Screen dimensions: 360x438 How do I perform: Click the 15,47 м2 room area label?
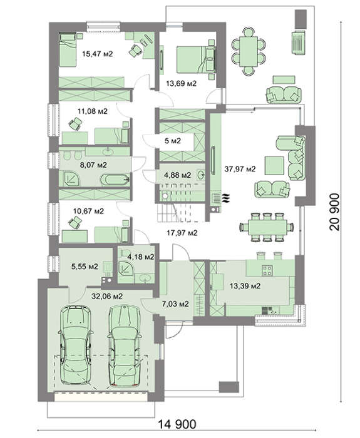point(97,54)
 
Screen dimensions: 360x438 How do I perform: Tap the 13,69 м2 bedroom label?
point(181,83)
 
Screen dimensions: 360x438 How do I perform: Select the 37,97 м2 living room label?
point(240,169)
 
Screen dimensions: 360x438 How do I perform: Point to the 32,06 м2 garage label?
point(107,296)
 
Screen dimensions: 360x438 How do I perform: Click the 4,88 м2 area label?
point(178,175)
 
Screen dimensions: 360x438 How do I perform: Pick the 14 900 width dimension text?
point(177,424)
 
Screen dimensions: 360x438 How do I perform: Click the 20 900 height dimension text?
point(334,212)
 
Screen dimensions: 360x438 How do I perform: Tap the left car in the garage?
point(76,345)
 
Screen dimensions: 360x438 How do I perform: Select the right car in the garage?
point(124,346)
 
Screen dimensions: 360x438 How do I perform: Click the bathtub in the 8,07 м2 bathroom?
point(115,180)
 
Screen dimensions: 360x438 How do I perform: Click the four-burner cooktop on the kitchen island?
point(267,270)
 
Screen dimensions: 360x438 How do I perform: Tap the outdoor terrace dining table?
point(248,51)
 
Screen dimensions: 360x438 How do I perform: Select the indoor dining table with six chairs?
point(267,227)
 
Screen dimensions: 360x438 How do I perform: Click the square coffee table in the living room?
point(274,166)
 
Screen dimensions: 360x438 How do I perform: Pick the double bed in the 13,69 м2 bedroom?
point(195,59)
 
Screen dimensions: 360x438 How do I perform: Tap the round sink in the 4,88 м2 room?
point(201,175)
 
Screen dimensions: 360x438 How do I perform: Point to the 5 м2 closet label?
point(172,141)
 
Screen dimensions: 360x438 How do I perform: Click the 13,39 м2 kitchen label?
point(245,286)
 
